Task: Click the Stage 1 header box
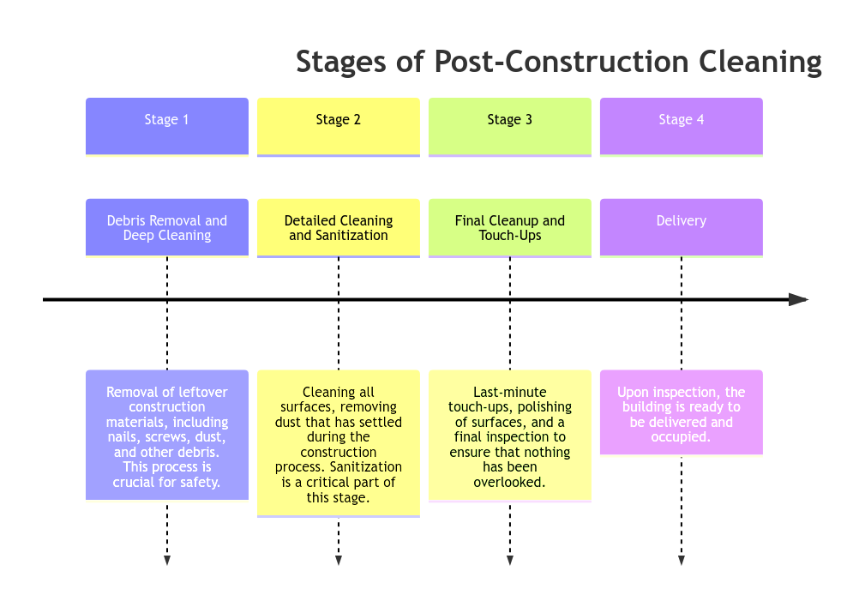166,127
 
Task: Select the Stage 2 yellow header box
338,127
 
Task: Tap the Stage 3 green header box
509,127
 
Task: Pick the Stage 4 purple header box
681,127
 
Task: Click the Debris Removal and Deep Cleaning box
166,227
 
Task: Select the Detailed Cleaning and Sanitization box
338,227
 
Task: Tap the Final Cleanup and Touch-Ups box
509,227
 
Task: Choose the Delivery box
681,227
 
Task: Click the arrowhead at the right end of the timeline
799,299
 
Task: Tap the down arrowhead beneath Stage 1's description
167,561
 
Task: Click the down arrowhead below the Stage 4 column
682,561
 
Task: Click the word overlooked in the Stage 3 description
509,482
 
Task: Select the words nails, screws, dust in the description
167,437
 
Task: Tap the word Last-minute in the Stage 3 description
509,393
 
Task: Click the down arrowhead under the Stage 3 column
510,561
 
